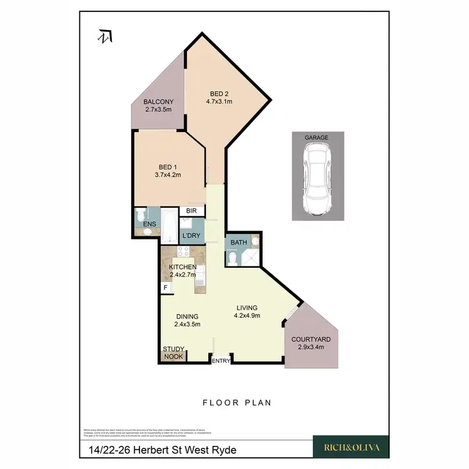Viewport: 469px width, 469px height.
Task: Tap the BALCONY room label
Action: click(158, 102)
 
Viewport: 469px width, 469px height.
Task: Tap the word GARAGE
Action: click(317, 137)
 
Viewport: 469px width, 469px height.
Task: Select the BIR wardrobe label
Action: click(191, 212)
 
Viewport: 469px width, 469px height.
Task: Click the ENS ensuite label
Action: click(149, 223)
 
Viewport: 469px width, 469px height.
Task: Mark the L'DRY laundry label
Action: click(191, 236)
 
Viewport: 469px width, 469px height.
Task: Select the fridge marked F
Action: click(166, 288)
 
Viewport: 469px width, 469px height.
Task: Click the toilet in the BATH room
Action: click(231, 259)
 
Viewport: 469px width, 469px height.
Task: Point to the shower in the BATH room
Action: click(250, 258)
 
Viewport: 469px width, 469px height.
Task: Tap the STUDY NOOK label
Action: click(173, 353)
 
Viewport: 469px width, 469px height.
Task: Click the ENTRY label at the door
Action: click(221, 361)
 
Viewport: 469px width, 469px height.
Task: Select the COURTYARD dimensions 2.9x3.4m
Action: click(311, 347)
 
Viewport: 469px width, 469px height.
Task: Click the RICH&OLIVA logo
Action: click(350, 447)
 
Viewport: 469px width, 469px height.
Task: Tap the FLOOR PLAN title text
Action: click(237, 403)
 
